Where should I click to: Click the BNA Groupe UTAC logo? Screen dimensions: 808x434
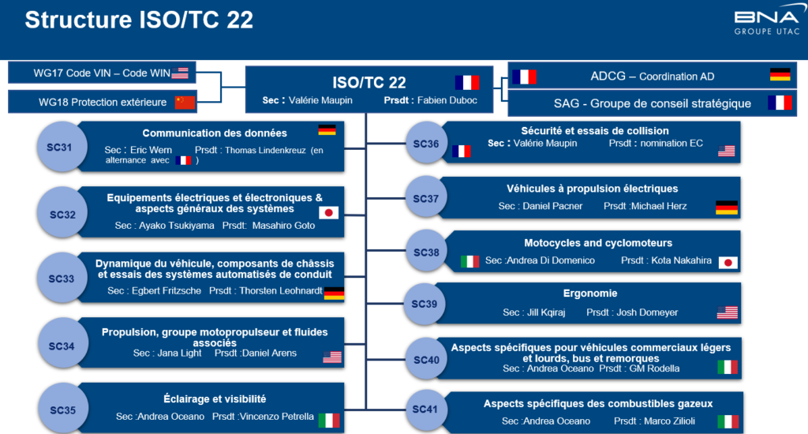click(767, 23)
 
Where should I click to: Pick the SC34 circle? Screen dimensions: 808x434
click(62, 346)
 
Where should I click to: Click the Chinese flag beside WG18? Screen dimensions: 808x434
click(185, 102)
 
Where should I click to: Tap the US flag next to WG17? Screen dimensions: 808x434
click(180, 73)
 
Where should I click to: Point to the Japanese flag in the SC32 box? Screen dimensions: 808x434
click(329, 212)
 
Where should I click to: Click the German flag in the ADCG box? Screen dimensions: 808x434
click(780, 74)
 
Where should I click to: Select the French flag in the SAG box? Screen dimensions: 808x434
click(780, 103)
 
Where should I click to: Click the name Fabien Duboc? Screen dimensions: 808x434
click(447, 100)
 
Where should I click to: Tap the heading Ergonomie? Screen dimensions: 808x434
click(590, 294)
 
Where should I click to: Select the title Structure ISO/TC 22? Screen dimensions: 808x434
click(139, 20)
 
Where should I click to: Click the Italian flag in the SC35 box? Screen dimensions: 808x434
click(329, 420)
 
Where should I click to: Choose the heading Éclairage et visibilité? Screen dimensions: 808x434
click(215, 399)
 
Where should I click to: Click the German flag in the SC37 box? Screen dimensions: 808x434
click(727, 208)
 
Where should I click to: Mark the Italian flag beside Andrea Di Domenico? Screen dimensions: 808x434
click(470, 261)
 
